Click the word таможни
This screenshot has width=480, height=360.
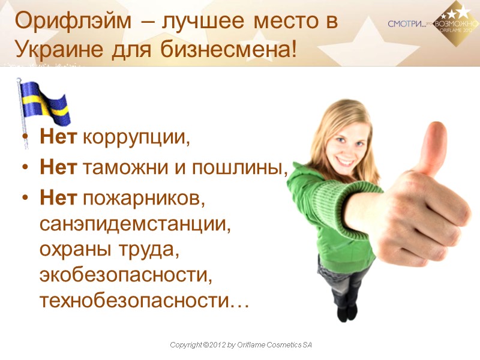[x=122, y=169]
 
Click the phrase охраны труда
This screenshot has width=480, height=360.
[x=109, y=250]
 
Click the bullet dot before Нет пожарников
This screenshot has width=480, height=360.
[x=25, y=199]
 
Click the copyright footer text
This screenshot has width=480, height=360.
[x=241, y=345]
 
